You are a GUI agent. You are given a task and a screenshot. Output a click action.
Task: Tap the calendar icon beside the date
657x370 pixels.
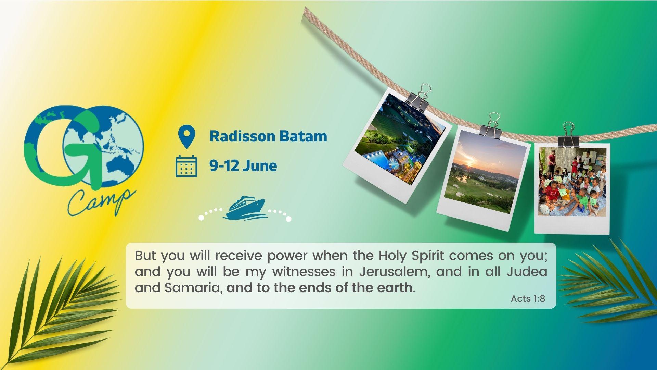click(186, 166)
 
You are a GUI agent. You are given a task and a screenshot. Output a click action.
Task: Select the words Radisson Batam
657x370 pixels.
click(268, 136)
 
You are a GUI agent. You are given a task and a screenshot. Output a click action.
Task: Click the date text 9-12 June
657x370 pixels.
click(243, 166)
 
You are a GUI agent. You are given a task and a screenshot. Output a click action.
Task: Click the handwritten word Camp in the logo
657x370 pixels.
click(101, 202)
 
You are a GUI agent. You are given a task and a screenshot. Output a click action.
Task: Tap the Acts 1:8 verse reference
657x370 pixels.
click(528, 299)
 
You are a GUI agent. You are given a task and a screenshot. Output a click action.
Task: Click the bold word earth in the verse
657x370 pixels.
click(395, 288)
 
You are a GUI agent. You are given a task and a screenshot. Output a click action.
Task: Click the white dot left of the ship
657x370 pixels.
click(201, 218)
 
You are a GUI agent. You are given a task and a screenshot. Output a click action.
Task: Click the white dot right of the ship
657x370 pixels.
click(288, 219)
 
